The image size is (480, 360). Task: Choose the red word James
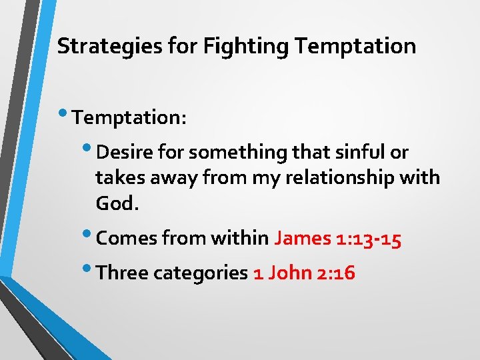[302, 239]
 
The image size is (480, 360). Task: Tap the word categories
[200, 273]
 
